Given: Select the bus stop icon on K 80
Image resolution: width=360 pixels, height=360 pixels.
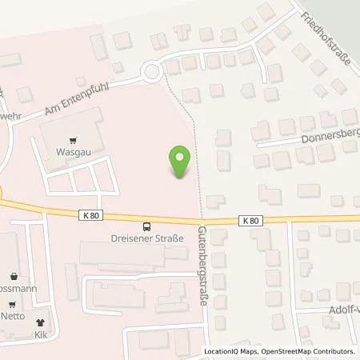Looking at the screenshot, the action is pos(146,226).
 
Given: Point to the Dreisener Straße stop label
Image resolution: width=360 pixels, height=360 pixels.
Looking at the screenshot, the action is pos(146,238).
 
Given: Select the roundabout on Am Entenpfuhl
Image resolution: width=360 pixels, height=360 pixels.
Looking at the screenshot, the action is pos(151,74).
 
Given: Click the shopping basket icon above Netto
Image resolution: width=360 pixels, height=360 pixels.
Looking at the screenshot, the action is pos(11,305).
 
